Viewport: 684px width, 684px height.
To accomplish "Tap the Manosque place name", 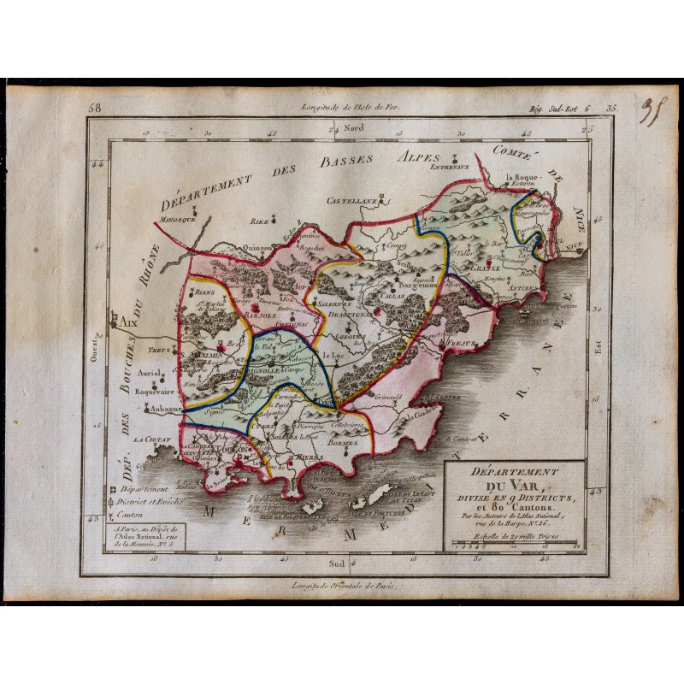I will coord(177,219).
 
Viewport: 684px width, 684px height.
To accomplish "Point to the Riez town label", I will coord(258,220).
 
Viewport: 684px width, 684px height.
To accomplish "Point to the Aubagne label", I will coord(165,409).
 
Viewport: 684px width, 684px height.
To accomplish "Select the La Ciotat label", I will coord(151,439).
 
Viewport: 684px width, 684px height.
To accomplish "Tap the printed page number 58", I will coord(94,109).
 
